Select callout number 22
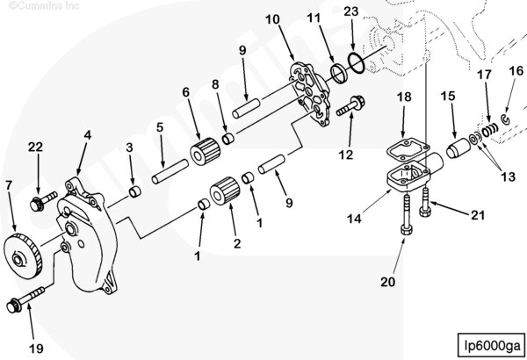[36, 147]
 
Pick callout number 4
[87, 135]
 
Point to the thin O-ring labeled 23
[354, 62]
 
